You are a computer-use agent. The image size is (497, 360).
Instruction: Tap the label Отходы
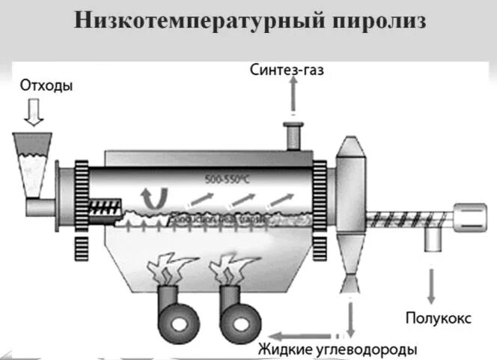pyautogui.click(x=47, y=85)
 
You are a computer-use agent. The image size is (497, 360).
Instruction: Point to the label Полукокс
pyautogui.click(x=438, y=318)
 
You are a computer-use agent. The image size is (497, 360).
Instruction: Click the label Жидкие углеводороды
pyautogui.click(x=338, y=349)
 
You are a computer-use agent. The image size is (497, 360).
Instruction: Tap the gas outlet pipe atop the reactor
pyautogui.click(x=291, y=137)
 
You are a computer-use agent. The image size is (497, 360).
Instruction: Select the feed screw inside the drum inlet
pyautogui.click(x=112, y=203)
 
